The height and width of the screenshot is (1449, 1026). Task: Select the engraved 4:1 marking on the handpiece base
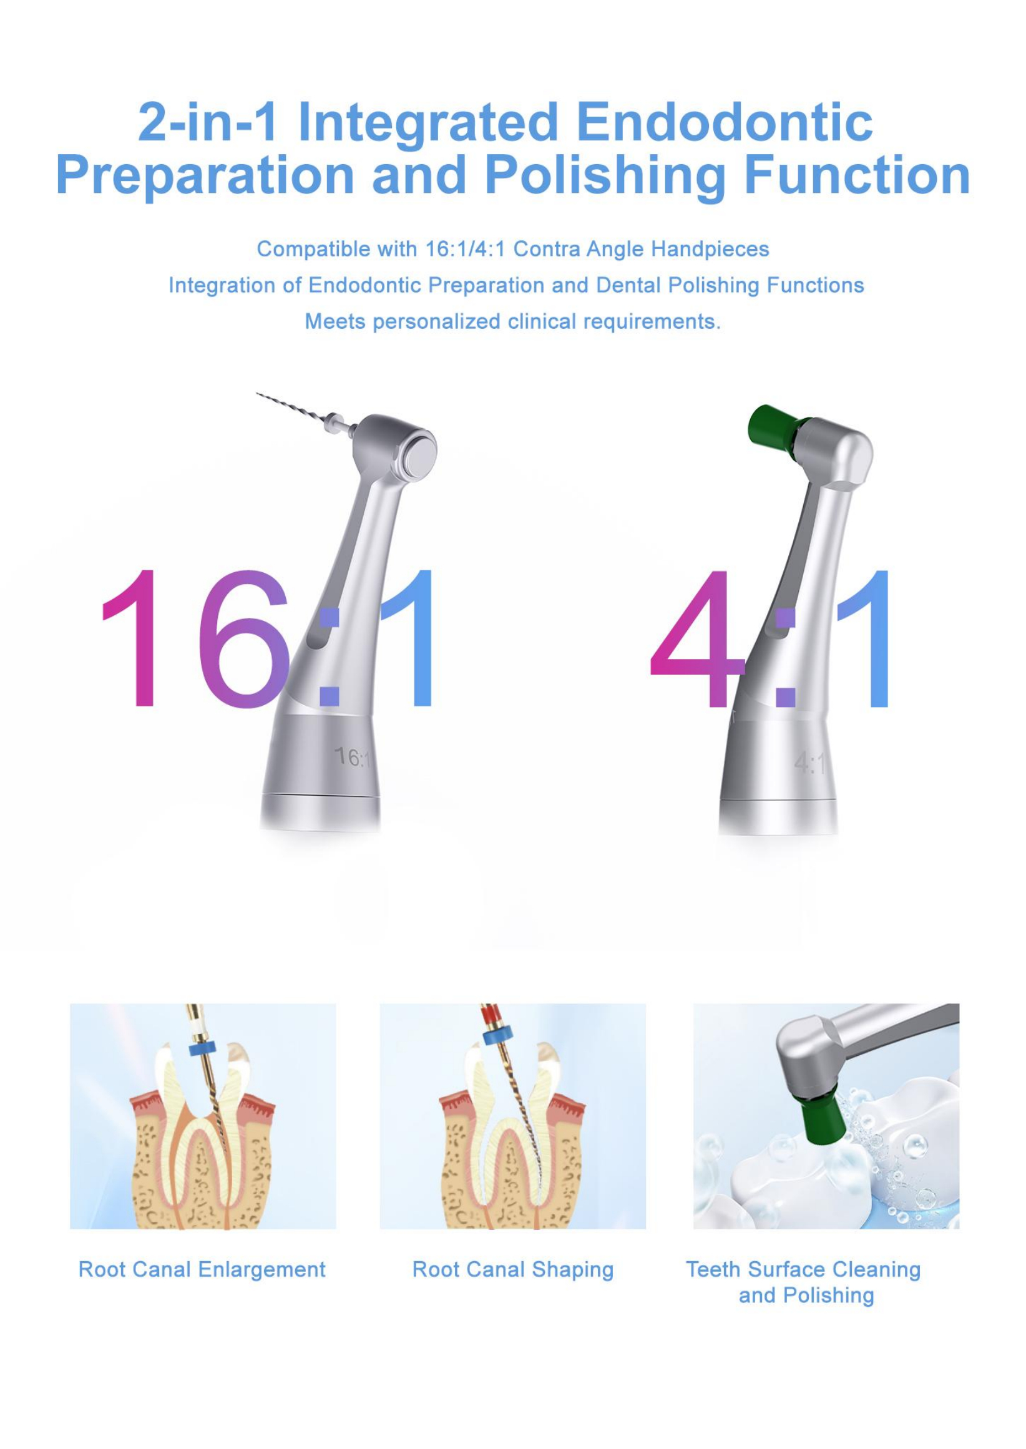click(809, 764)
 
